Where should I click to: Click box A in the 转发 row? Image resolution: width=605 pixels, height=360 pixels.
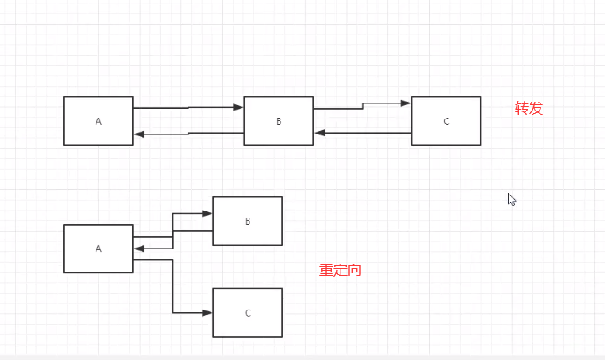98,121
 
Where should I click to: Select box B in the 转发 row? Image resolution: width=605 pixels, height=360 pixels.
279,121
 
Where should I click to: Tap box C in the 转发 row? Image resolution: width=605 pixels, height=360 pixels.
446,121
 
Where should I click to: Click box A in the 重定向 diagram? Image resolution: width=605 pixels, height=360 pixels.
98,249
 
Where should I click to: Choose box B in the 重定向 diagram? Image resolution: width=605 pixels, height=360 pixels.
248,221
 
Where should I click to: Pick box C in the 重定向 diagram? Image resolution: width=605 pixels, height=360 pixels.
248,313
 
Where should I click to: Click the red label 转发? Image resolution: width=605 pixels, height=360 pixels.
529,109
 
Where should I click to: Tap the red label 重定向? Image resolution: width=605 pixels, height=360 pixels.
341,271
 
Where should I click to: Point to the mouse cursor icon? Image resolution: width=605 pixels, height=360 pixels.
511,199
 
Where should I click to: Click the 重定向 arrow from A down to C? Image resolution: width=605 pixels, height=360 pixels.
173,287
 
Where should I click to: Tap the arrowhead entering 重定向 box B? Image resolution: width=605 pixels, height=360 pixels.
208,213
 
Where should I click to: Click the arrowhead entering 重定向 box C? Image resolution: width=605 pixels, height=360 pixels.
208,313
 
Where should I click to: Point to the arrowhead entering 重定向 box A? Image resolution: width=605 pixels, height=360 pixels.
138,249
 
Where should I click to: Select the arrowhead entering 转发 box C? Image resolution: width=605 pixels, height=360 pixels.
406,103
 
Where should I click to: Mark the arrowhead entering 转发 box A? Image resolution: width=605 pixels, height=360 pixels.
138,134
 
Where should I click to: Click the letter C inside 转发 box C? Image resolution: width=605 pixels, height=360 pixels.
447,121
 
